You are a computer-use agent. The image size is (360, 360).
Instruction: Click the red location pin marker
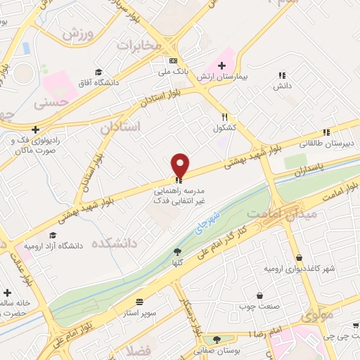click(x=181, y=165)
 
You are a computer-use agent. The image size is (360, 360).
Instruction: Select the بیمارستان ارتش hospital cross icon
click(x=221, y=65)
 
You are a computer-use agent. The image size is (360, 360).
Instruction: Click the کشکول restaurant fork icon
click(x=224, y=117)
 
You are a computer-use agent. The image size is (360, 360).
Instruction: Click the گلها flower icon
click(x=177, y=252)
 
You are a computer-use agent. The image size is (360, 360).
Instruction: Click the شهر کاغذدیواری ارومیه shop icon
click(x=300, y=258)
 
